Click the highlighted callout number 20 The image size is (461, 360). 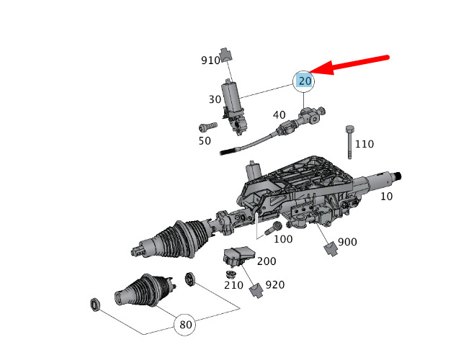(x=305, y=81)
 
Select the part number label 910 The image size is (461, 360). (x=210, y=61)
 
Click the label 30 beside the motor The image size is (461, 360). (x=215, y=99)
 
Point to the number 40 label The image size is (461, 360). (x=279, y=115)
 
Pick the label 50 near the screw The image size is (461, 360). (x=205, y=141)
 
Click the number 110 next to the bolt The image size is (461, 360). (x=364, y=144)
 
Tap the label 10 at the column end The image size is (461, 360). (x=387, y=196)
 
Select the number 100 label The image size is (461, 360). (x=283, y=238)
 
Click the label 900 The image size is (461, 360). (x=347, y=242)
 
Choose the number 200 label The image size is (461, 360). (x=267, y=261)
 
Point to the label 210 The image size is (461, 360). (x=233, y=285)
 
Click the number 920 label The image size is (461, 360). (x=275, y=285)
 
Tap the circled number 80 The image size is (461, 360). (x=186, y=325)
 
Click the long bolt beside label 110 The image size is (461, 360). (x=349, y=141)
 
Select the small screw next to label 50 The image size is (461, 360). (x=205, y=127)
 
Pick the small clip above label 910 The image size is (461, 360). (x=227, y=53)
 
